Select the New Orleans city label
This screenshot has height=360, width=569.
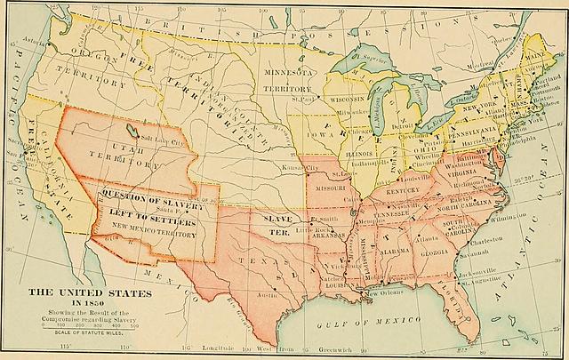coord(386,292)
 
